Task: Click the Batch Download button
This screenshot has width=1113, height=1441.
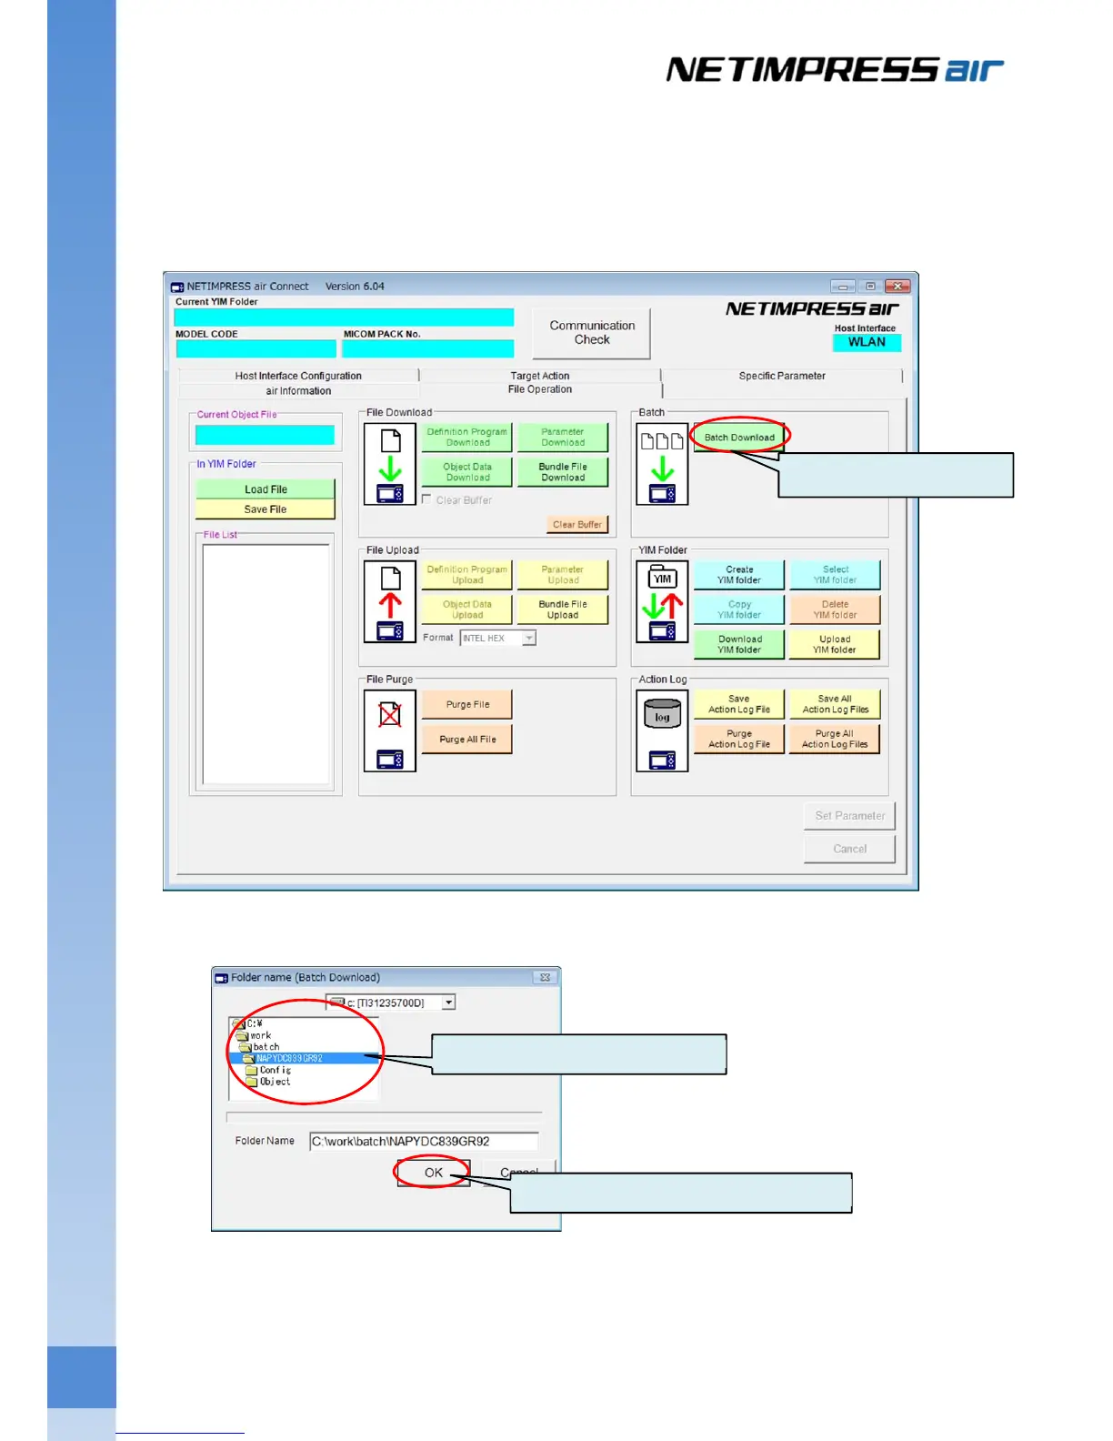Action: (x=739, y=438)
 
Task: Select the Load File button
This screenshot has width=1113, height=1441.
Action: (x=266, y=489)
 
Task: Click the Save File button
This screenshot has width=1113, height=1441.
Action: (x=266, y=509)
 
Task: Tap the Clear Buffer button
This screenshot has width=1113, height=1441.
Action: (x=577, y=525)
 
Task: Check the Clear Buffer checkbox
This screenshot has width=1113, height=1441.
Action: (x=427, y=499)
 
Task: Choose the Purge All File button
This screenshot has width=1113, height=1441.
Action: (x=467, y=740)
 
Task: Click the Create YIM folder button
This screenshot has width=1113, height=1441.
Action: (x=739, y=575)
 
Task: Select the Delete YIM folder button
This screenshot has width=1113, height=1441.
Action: (x=835, y=610)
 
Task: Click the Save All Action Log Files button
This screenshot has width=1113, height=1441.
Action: (x=835, y=704)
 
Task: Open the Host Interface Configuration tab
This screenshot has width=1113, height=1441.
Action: (x=298, y=376)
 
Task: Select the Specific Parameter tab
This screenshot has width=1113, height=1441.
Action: (x=782, y=376)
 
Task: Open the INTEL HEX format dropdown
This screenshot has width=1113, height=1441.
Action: (x=528, y=639)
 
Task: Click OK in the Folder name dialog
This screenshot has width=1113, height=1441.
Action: (x=434, y=1173)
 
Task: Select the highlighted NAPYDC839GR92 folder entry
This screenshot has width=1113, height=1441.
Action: (x=289, y=1058)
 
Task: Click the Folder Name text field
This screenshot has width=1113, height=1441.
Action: (x=424, y=1141)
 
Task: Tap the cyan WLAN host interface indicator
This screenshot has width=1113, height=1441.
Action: (x=867, y=342)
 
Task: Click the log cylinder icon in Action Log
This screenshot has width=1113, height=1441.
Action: (x=662, y=714)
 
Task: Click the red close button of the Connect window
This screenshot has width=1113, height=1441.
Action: (x=897, y=286)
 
